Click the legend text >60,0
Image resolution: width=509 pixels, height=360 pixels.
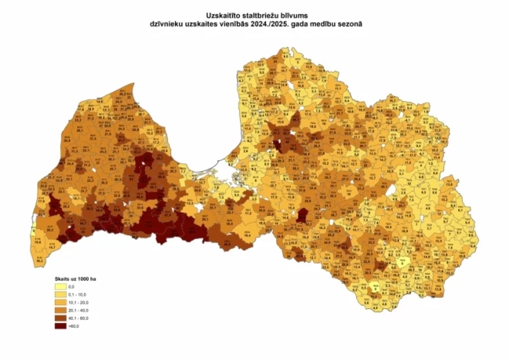pos(74,326)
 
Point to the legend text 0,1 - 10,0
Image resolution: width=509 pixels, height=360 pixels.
pos(78,294)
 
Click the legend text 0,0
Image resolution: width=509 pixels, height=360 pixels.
pos(72,286)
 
